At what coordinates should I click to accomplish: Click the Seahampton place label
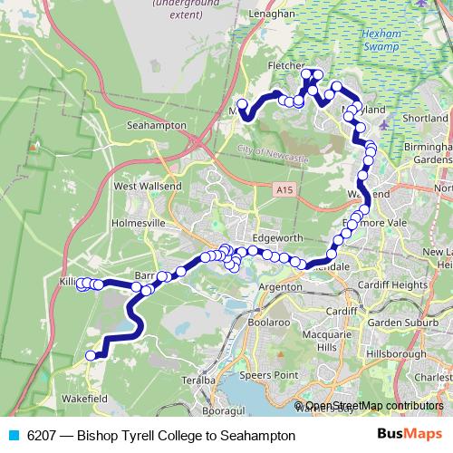click(157, 125)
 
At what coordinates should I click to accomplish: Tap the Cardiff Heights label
click(393, 284)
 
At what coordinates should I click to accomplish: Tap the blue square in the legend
click(12, 436)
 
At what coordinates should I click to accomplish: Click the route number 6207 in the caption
click(43, 436)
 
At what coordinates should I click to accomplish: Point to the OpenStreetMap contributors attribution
click(373, 406)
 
